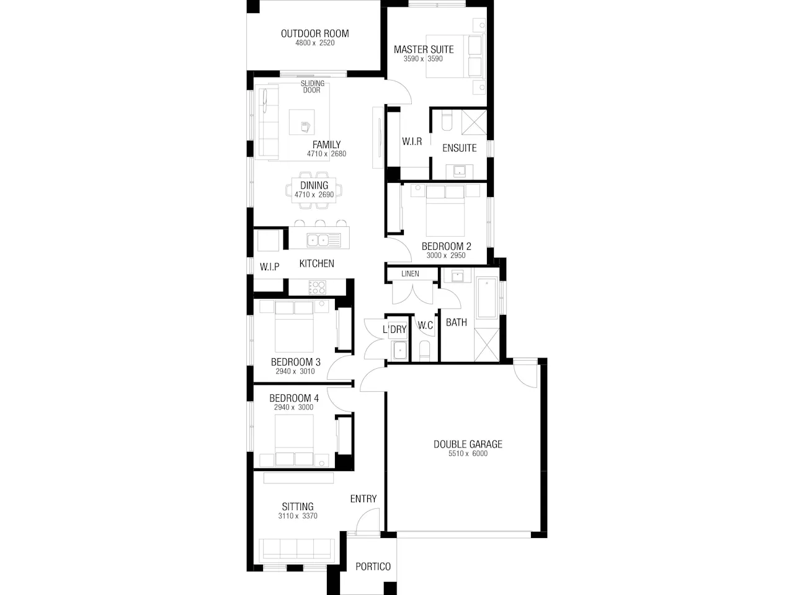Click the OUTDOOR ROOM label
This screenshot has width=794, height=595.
pyautogui.click(x=314, y=33)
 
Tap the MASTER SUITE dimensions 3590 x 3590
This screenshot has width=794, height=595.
pyautogui.click(x=423, y=59)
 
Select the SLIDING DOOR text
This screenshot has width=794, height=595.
pyautogui.click(x=312, y=87)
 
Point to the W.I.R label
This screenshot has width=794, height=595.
pyautogui.click(x=412, y=141)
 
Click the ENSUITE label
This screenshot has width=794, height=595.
pyautogui.click(x=460, y=148)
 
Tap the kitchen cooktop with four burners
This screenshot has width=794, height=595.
pyautogui.click(x=317, y=288)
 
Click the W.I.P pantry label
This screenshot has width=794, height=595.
pyautogui.click(x=269, y=267)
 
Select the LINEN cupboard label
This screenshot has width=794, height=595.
pyautogui.click(x=410, y=274)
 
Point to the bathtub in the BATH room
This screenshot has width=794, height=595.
pyautogui.click(x=487, y=297)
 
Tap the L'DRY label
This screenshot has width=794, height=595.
pyautogui.click(x=395, y=330)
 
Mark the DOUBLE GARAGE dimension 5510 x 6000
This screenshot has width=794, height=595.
pyautogui.click(x=468, y=454)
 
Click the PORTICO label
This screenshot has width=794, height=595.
pyautogui.click(x=373, y=566)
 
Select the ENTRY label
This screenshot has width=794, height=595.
pyautogui.click(x=363, y=499)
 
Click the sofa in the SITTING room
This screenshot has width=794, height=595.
pyautogui.click(x=297, y=549)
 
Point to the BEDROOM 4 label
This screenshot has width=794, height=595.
pyautogui.click(x=294, y=399)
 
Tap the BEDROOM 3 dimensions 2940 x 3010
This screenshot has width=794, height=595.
pyautogui.click(x=295, y=371)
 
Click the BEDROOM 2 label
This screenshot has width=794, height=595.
pyautogui.click(x=447, y=247)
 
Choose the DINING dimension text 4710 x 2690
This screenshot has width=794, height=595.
pyautogui.click(x=314, y=195)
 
